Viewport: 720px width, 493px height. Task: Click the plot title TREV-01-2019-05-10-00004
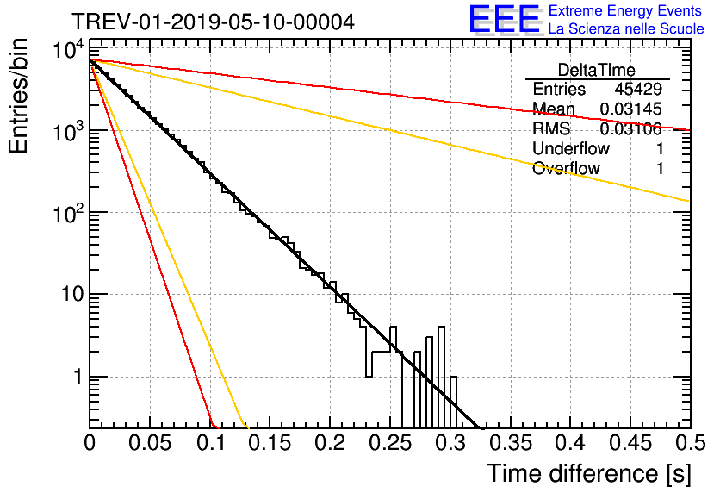(x=213, y=22)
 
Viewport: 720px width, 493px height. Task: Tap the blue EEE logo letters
(x=505, y=18)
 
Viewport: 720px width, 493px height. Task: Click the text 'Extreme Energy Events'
(x=625, y=10)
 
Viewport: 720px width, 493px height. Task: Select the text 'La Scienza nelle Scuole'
(x=626, y=29)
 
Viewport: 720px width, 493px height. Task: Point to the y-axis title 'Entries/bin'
(x=18, y=96)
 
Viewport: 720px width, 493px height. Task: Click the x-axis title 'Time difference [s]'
(x=589, y=474)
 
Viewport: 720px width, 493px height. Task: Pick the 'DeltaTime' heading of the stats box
(x=597, y=70)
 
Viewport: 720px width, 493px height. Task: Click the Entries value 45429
(x=638, y=89)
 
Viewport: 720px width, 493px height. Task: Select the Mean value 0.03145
(x=631, y=109)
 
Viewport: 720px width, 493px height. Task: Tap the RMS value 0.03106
(x=631, y=129)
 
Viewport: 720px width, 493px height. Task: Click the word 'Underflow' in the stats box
(x=571, y=148)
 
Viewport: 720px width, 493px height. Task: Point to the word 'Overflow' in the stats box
(x=566, y=169)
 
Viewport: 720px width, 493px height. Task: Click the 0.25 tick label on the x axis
(x=390, y=443)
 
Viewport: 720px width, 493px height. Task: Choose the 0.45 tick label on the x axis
(x=630, y=443)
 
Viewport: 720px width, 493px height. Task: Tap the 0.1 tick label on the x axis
(x=211, y=443)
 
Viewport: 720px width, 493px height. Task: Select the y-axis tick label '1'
(x=78, y=378)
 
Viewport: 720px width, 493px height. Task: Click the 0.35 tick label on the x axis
(x=510, y=443)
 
